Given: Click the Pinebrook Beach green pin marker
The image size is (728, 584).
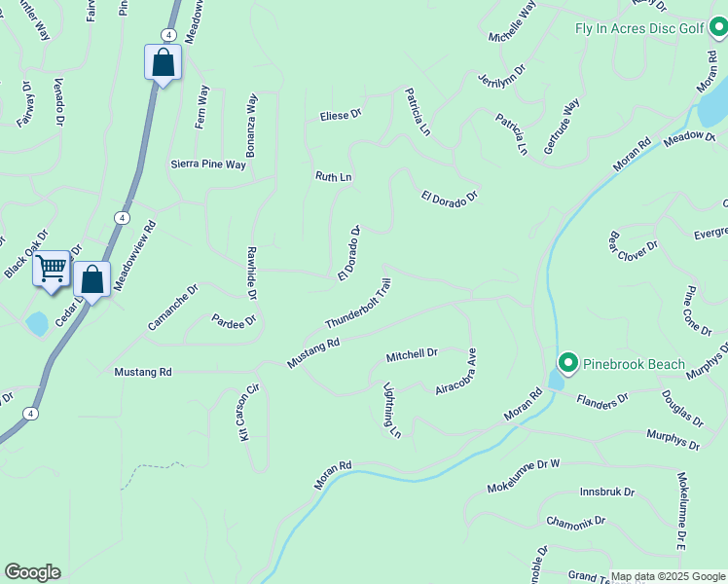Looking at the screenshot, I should (x=567, y=364).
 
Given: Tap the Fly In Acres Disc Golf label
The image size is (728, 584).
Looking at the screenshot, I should (x=638, y=28).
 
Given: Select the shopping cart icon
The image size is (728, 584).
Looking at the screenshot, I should (x=51, y=267).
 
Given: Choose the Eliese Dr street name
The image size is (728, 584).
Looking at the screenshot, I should (x=341, y=115).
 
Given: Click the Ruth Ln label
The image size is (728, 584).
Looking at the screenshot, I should (x=333, y=177).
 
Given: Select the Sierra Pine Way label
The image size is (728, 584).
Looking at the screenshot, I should (x=208, y=164).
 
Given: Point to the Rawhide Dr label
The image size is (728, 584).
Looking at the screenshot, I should (x=251, y=273).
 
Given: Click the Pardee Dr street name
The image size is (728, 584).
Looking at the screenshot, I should (x=234, y=320).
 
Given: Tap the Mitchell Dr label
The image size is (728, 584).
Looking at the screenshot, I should (x=412, y=353).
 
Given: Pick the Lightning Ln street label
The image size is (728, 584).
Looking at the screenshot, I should (x=392, y=409).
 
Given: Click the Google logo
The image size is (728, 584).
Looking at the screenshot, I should (x=32, y=572).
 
